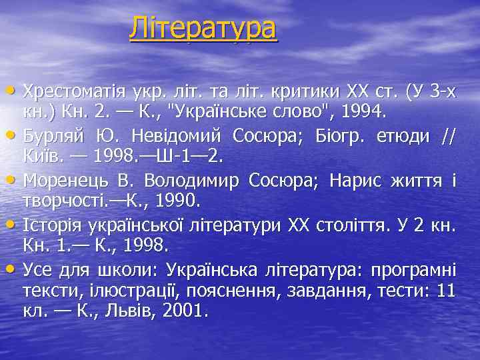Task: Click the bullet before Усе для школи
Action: pyautogui.click(x=14, y=269)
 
